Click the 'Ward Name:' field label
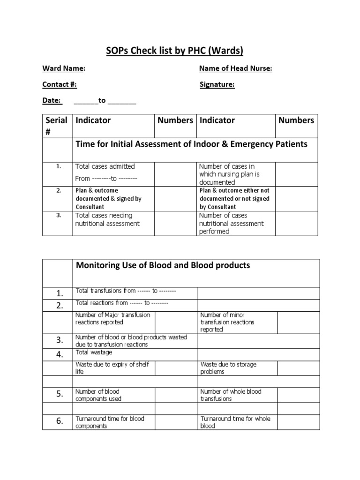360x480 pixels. click(x=64, y=68)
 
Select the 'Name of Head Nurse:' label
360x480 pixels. click(x=235, y=68)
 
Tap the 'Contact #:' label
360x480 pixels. click(x=60, y=84)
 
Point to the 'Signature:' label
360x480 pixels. click(x=217, y=84)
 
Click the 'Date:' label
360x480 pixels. click(x=52, y=100)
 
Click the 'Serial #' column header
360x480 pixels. click(x=57, y=126)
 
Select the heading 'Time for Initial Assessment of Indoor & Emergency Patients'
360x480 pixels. click(x=191, y=144)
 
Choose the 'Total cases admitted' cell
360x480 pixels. click(x=105, y=166)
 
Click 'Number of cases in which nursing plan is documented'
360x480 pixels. click(x=229, y=174)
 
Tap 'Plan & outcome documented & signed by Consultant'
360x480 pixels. click(x=108, y=198)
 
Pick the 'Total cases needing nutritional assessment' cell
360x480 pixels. click(x=107, y=219)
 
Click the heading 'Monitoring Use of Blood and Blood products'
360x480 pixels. click(x=163, y=265)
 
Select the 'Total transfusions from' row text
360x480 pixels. click(x=126, y=291)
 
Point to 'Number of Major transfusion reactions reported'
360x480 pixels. click(x=112, y=318)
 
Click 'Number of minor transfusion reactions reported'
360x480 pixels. click(x=227, y=322)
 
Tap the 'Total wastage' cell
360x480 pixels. click(x=94, y=352)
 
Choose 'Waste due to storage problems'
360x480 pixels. click(x=228, y=368)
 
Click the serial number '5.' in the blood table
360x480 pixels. click(x=60, y=395)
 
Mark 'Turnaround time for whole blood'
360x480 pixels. click(x=235, y=422)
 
